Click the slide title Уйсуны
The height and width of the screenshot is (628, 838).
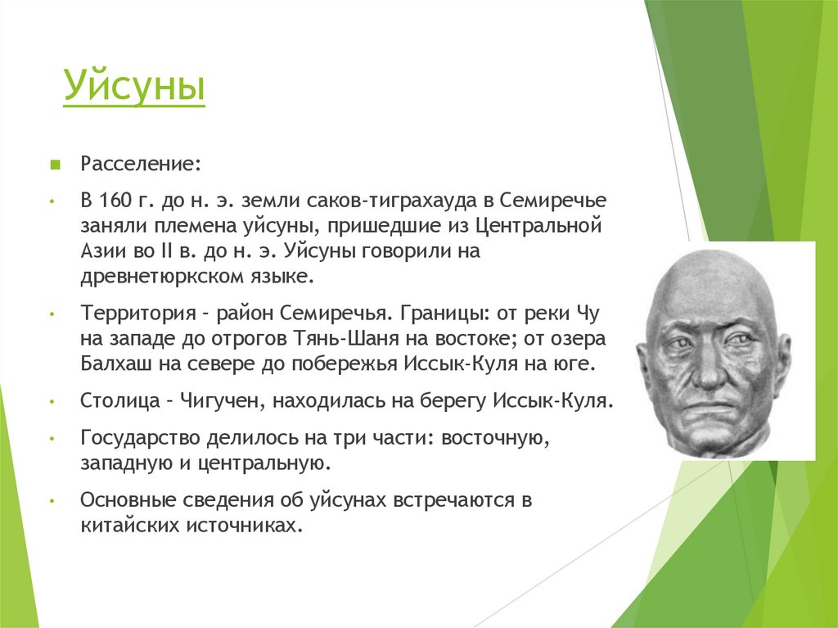coord(134,88)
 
